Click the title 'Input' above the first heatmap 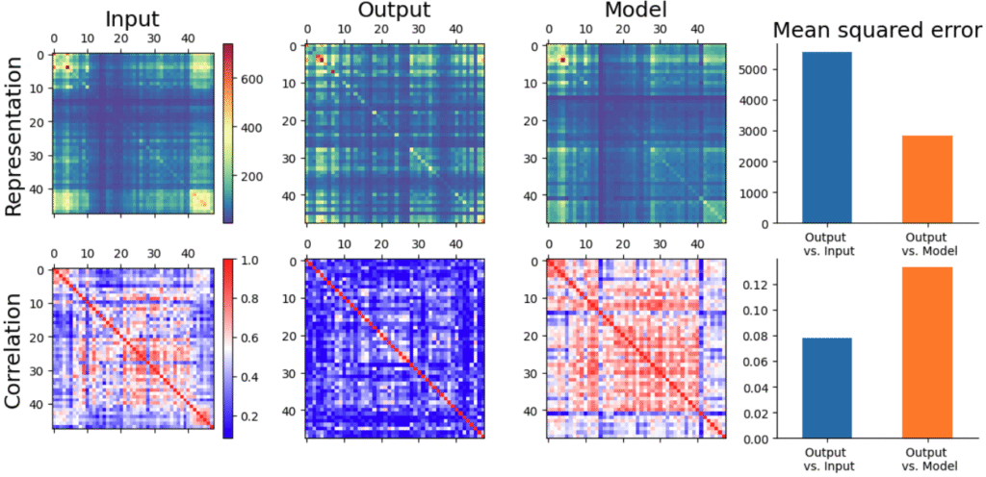click(x=134, y=16)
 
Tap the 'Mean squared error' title click(x=876, y=32)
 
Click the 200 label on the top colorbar click(x=251, y=177)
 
